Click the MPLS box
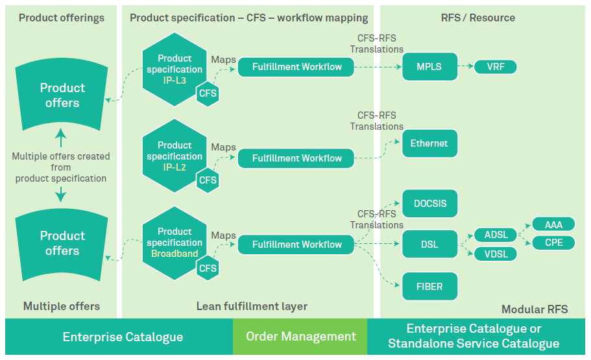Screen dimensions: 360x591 [x=426, y=67]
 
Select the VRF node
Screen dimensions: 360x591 [x=496, y=67]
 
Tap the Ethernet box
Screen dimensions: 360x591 [x=429, y=143]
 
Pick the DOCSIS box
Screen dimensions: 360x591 [x=430, y=204]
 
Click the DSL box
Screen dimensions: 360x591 [x=429, y=245]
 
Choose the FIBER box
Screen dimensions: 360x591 [x=430, y=286]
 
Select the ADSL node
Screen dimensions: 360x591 [x=496, y=235]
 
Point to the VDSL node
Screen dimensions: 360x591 [x=496, y=254]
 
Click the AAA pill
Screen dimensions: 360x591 [x=553, y=224]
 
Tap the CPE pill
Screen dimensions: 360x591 [x=553, y=243]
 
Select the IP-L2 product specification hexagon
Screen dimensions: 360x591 [x=172, y=154]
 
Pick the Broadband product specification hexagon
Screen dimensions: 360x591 [x=172, y=241]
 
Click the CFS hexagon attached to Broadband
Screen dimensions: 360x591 [x=208, y=268]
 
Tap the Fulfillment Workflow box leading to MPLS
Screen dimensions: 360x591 [x=296, y=67]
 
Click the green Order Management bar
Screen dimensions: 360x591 [x=300, y=337]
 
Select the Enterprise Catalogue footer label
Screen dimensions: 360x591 [x=123, y=337]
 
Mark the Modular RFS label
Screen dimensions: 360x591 [x=534, y=309]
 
